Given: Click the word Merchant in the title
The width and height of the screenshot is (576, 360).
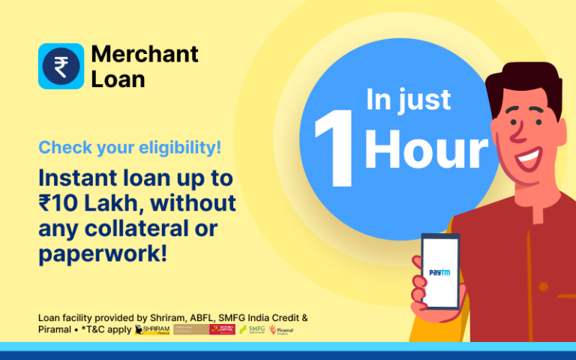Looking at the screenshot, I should point(145,54).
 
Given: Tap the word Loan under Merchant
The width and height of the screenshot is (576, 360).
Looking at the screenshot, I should point(118,79).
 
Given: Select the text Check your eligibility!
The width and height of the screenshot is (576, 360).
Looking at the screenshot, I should point(130,148).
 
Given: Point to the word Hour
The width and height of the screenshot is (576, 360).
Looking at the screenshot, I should point(425,151).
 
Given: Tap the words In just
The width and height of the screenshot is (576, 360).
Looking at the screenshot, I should point(409,100).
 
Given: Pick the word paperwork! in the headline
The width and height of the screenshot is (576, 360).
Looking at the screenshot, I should point(102,252).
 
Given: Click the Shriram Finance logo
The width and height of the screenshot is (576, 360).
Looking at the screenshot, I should point(152,330).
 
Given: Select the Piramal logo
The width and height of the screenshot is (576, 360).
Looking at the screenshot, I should point(282,330).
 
